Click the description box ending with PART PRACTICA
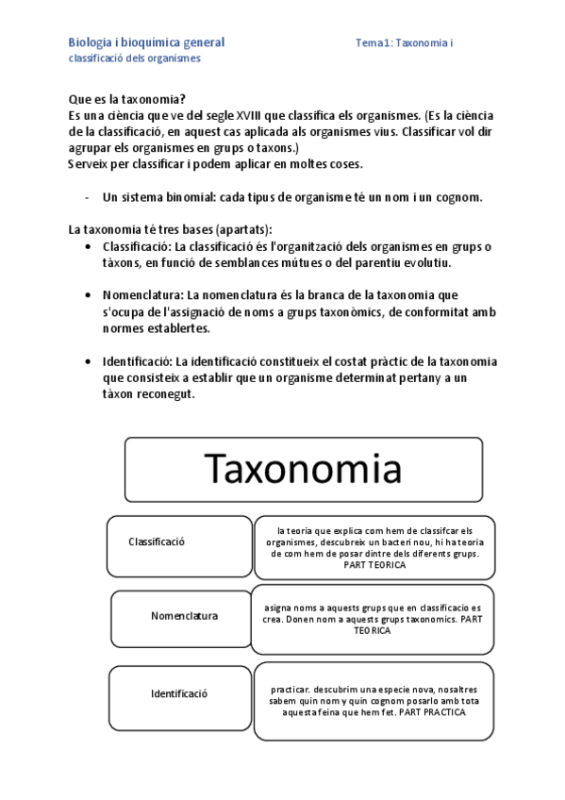click(x=374, y=701)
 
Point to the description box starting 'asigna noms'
click(x=372, y=619)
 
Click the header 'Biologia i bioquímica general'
click(x=146, y=42)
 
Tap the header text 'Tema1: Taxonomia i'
click(x=406, y=43)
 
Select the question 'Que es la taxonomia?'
click(x=127, y=99)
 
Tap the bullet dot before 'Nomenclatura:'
click(x=88, y=295)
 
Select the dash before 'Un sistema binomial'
click(x=87, y=197)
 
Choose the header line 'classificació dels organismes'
click(x=135, y=58)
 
